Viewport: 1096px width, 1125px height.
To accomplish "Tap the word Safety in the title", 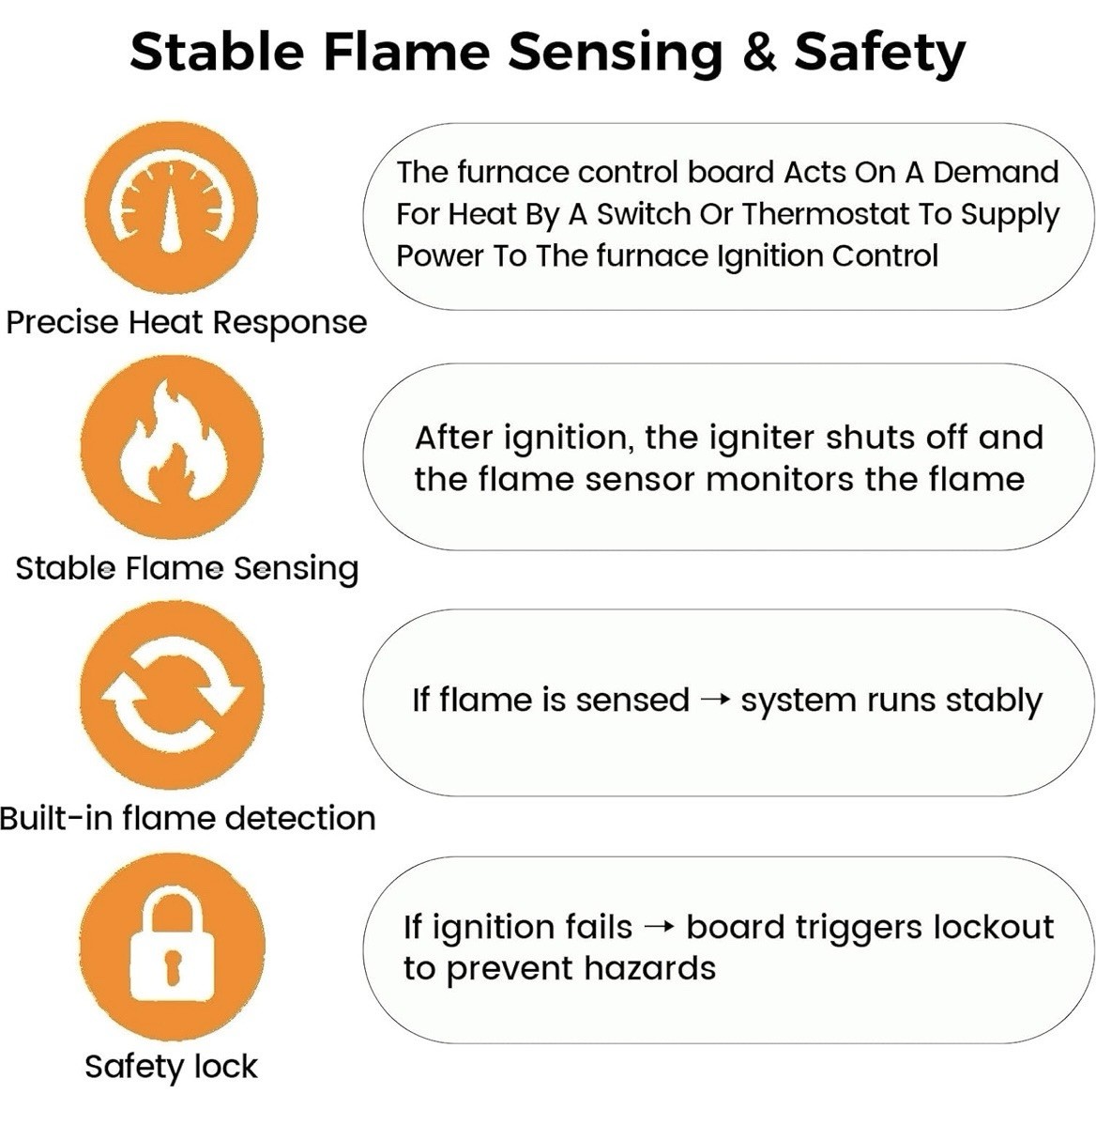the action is pos(880,54).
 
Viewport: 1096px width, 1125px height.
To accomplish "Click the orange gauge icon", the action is pos(171,208).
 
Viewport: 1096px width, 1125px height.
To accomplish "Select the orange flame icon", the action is pos(172,448).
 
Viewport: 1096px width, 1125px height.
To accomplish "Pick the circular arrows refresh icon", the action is pos(172,695).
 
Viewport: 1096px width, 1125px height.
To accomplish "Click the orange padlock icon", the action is pos(172,946).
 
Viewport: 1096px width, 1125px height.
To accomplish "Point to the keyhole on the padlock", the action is pos(172,964).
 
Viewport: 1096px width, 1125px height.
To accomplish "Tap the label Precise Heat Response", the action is pos(187,323).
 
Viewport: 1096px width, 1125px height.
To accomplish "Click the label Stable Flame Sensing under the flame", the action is pos(187,569).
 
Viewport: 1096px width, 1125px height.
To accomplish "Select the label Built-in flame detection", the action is pos(187,818).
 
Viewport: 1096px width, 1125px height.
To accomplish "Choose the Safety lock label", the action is pos(171,1067).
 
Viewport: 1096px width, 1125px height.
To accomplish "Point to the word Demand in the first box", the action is pos(996,172).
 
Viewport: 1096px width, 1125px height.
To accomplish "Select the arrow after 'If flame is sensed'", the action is pos(714,701).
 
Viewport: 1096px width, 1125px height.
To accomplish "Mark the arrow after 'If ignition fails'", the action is pos(660,928).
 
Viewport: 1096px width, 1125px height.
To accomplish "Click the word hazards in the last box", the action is pos(649,968).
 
